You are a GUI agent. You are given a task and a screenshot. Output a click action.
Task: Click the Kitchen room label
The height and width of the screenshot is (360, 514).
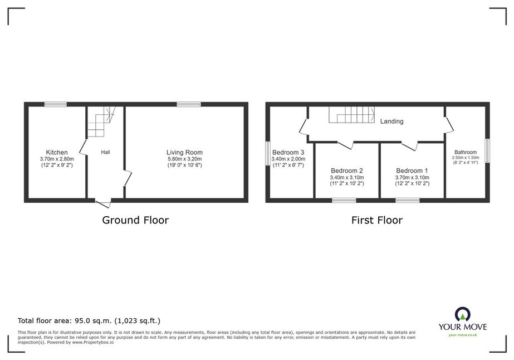pos(57,152)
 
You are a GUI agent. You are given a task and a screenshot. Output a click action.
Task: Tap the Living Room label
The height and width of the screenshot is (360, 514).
pos(184,152)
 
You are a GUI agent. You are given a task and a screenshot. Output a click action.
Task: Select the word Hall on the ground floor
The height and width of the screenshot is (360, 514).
pos(106,152)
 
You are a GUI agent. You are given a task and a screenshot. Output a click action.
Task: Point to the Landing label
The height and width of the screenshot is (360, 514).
pos(391,121)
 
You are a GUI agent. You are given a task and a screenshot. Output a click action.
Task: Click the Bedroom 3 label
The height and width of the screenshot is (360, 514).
pos(288,152)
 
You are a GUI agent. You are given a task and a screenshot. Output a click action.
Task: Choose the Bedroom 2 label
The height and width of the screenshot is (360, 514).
pos(347,171)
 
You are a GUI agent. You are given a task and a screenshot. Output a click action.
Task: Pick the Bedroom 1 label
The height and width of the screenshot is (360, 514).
pos(412,171)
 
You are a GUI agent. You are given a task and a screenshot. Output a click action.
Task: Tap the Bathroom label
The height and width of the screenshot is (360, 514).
pos(466,152)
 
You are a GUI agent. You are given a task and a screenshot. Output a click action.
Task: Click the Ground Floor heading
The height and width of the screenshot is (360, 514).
pos(135,220)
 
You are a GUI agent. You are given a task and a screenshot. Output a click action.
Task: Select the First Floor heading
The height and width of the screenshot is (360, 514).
pos(377,220)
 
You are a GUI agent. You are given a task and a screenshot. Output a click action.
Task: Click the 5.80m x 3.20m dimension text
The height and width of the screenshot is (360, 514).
pos(184,159)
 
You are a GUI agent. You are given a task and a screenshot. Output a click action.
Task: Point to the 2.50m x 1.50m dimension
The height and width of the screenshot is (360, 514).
pos(466,158)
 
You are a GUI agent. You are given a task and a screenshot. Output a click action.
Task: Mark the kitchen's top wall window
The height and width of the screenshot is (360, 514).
pos(56,104)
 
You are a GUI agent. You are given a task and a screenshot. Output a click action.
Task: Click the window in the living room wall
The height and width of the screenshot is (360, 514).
pos(189,104)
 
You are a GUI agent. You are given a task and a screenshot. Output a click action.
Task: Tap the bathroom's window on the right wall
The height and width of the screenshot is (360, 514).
pos(487,150)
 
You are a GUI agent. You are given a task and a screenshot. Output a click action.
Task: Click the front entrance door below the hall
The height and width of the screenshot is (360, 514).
pos(103,202)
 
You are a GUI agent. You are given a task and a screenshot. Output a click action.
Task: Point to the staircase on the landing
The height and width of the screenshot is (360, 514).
pos(352,115)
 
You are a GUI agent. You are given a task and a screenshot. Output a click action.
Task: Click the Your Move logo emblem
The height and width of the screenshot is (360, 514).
pos(463,314)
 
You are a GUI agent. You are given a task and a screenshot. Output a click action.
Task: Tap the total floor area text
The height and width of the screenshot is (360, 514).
pos(89,320)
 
